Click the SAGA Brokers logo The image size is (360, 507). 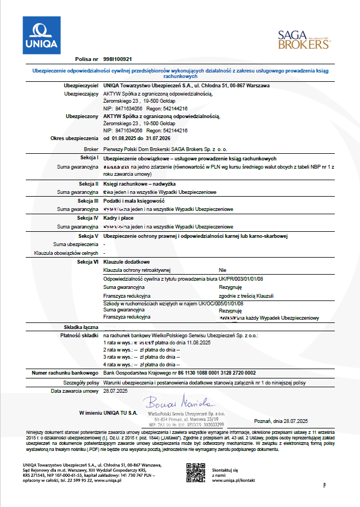(302, 40)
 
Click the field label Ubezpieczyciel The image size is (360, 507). (81, 86)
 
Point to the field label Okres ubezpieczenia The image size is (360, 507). (74, 138)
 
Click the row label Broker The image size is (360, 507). (91, 149)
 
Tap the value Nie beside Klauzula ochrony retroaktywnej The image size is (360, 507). (222, 270)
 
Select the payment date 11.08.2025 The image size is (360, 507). (199, 342)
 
